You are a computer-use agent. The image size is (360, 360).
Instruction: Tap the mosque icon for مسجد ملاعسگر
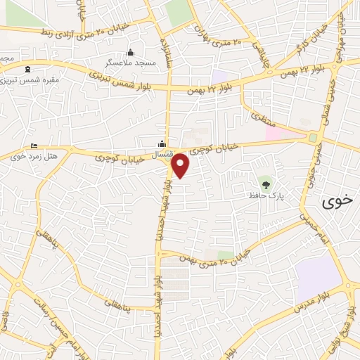tap(130, 53)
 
